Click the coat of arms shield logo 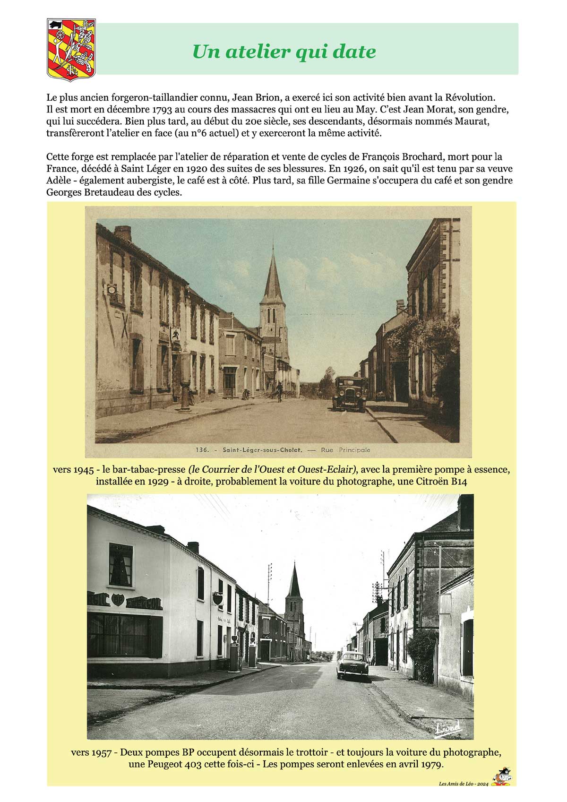(71, 49)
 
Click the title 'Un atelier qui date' (284, 52)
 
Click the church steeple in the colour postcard (273, 279)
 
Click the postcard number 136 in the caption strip (201, 450)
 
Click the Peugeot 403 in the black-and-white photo (352, 664)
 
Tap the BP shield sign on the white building (117, 600)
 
